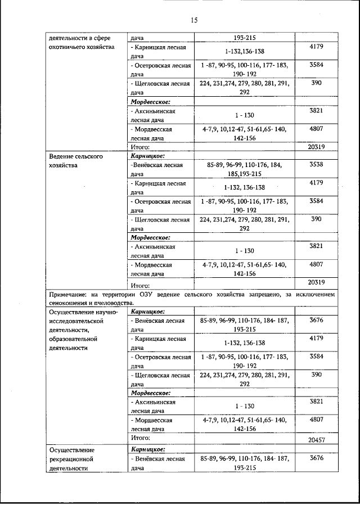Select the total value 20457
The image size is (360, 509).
(x=316, y=440)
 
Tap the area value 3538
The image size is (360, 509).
(x=316, y=165)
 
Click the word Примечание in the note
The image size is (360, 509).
(x=69, y=294)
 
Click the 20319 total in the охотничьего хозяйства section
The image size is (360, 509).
(x=316, y=147)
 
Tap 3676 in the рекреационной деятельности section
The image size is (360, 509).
(x=316, y=459)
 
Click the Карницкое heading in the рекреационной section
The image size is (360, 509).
(x=147, y=450)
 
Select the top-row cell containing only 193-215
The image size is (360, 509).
(x=244, y=38)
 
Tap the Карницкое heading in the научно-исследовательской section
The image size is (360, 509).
(x=147, y=311)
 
